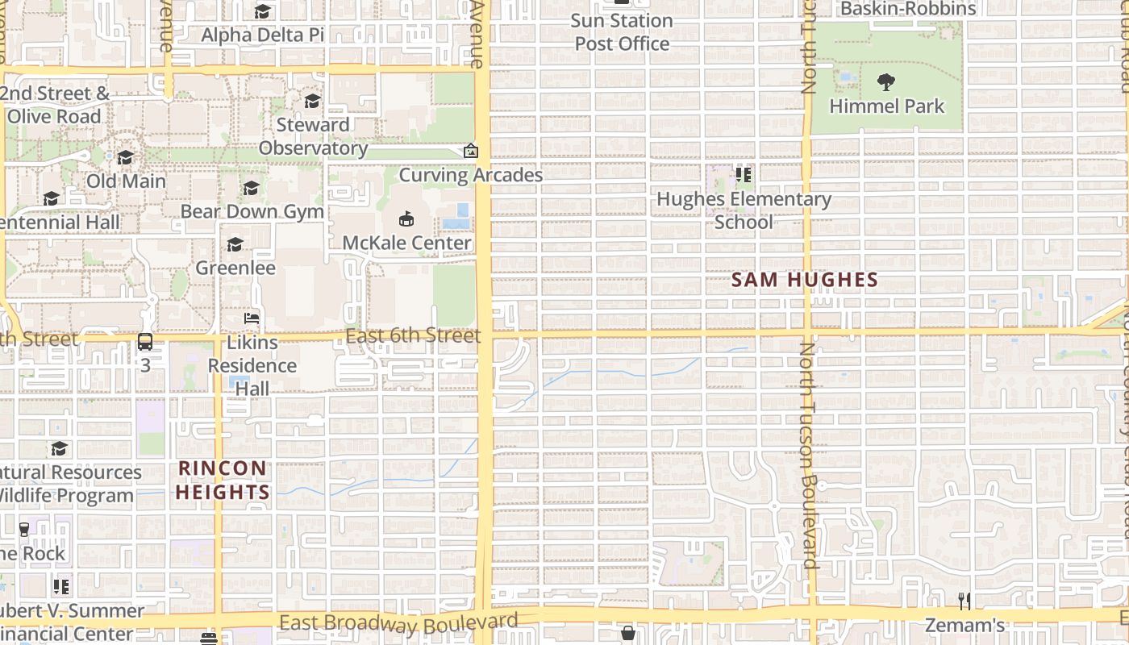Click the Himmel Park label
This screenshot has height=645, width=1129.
[886, 106]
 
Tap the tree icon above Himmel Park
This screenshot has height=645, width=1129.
[886, 81]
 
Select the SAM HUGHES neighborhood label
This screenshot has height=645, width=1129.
[804, 281]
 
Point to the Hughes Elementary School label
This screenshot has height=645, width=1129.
[744, 210]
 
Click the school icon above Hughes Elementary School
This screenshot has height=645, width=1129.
[744, 174]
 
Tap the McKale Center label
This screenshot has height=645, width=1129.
[406, 243]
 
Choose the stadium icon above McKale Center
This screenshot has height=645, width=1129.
[406, 218]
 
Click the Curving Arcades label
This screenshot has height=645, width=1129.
[471, 175]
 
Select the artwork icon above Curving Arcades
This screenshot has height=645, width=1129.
[471, 151]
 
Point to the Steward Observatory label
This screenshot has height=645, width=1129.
[313, 136]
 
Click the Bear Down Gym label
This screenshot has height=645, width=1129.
[252, 211]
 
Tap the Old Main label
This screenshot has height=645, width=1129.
[126, 181]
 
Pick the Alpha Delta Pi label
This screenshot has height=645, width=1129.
[262, 35]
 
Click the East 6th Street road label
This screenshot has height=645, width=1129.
[413, 335]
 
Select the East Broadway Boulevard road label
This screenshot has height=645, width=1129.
[398, 623]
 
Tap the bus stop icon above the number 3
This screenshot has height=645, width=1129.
[145, 342]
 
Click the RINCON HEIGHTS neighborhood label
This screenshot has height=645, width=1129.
[223, 480]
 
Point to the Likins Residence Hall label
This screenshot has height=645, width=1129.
[252, 365]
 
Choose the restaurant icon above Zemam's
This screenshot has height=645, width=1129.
[964, 601]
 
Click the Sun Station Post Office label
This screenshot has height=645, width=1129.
[623, 31]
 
